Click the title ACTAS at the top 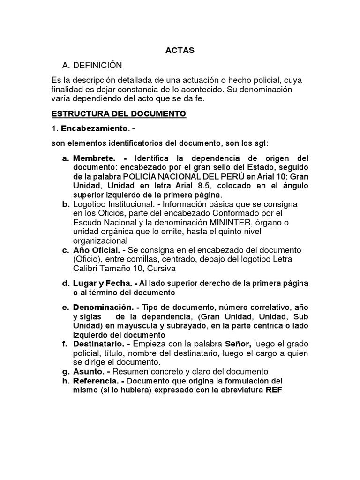tap(180, 50)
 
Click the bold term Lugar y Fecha tap(103, 284)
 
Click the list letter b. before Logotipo tap(66, 204)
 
